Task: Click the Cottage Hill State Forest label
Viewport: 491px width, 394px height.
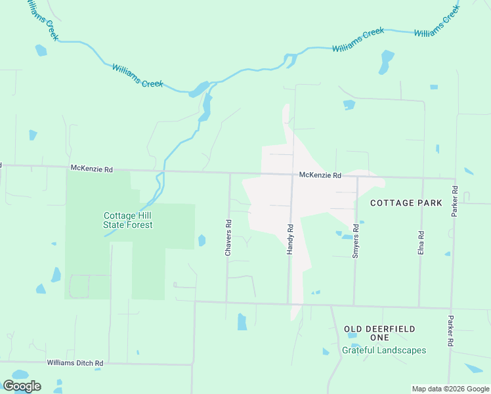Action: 128,220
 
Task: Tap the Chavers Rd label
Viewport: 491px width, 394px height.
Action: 228,237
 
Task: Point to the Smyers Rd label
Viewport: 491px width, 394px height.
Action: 355,241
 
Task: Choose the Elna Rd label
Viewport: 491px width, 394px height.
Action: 421,244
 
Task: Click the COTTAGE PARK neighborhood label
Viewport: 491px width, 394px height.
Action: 406,203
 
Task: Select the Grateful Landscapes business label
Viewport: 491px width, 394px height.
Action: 384,350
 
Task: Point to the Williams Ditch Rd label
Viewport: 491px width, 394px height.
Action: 75,362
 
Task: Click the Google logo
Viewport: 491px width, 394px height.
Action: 22,386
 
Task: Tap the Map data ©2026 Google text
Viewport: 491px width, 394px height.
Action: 450,389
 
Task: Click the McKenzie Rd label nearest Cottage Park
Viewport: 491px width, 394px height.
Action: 320,175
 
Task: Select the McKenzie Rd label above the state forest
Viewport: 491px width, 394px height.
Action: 91,169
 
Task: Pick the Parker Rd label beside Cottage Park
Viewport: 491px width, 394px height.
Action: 454,202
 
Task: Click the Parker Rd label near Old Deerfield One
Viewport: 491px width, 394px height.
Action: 450,331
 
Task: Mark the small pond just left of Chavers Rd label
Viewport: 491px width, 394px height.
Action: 202,240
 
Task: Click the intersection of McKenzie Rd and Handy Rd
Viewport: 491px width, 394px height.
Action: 292,175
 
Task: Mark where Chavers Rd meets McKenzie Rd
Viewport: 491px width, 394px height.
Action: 229,173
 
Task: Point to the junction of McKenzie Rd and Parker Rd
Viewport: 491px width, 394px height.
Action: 455,178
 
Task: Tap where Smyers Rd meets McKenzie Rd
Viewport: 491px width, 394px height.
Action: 356,177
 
